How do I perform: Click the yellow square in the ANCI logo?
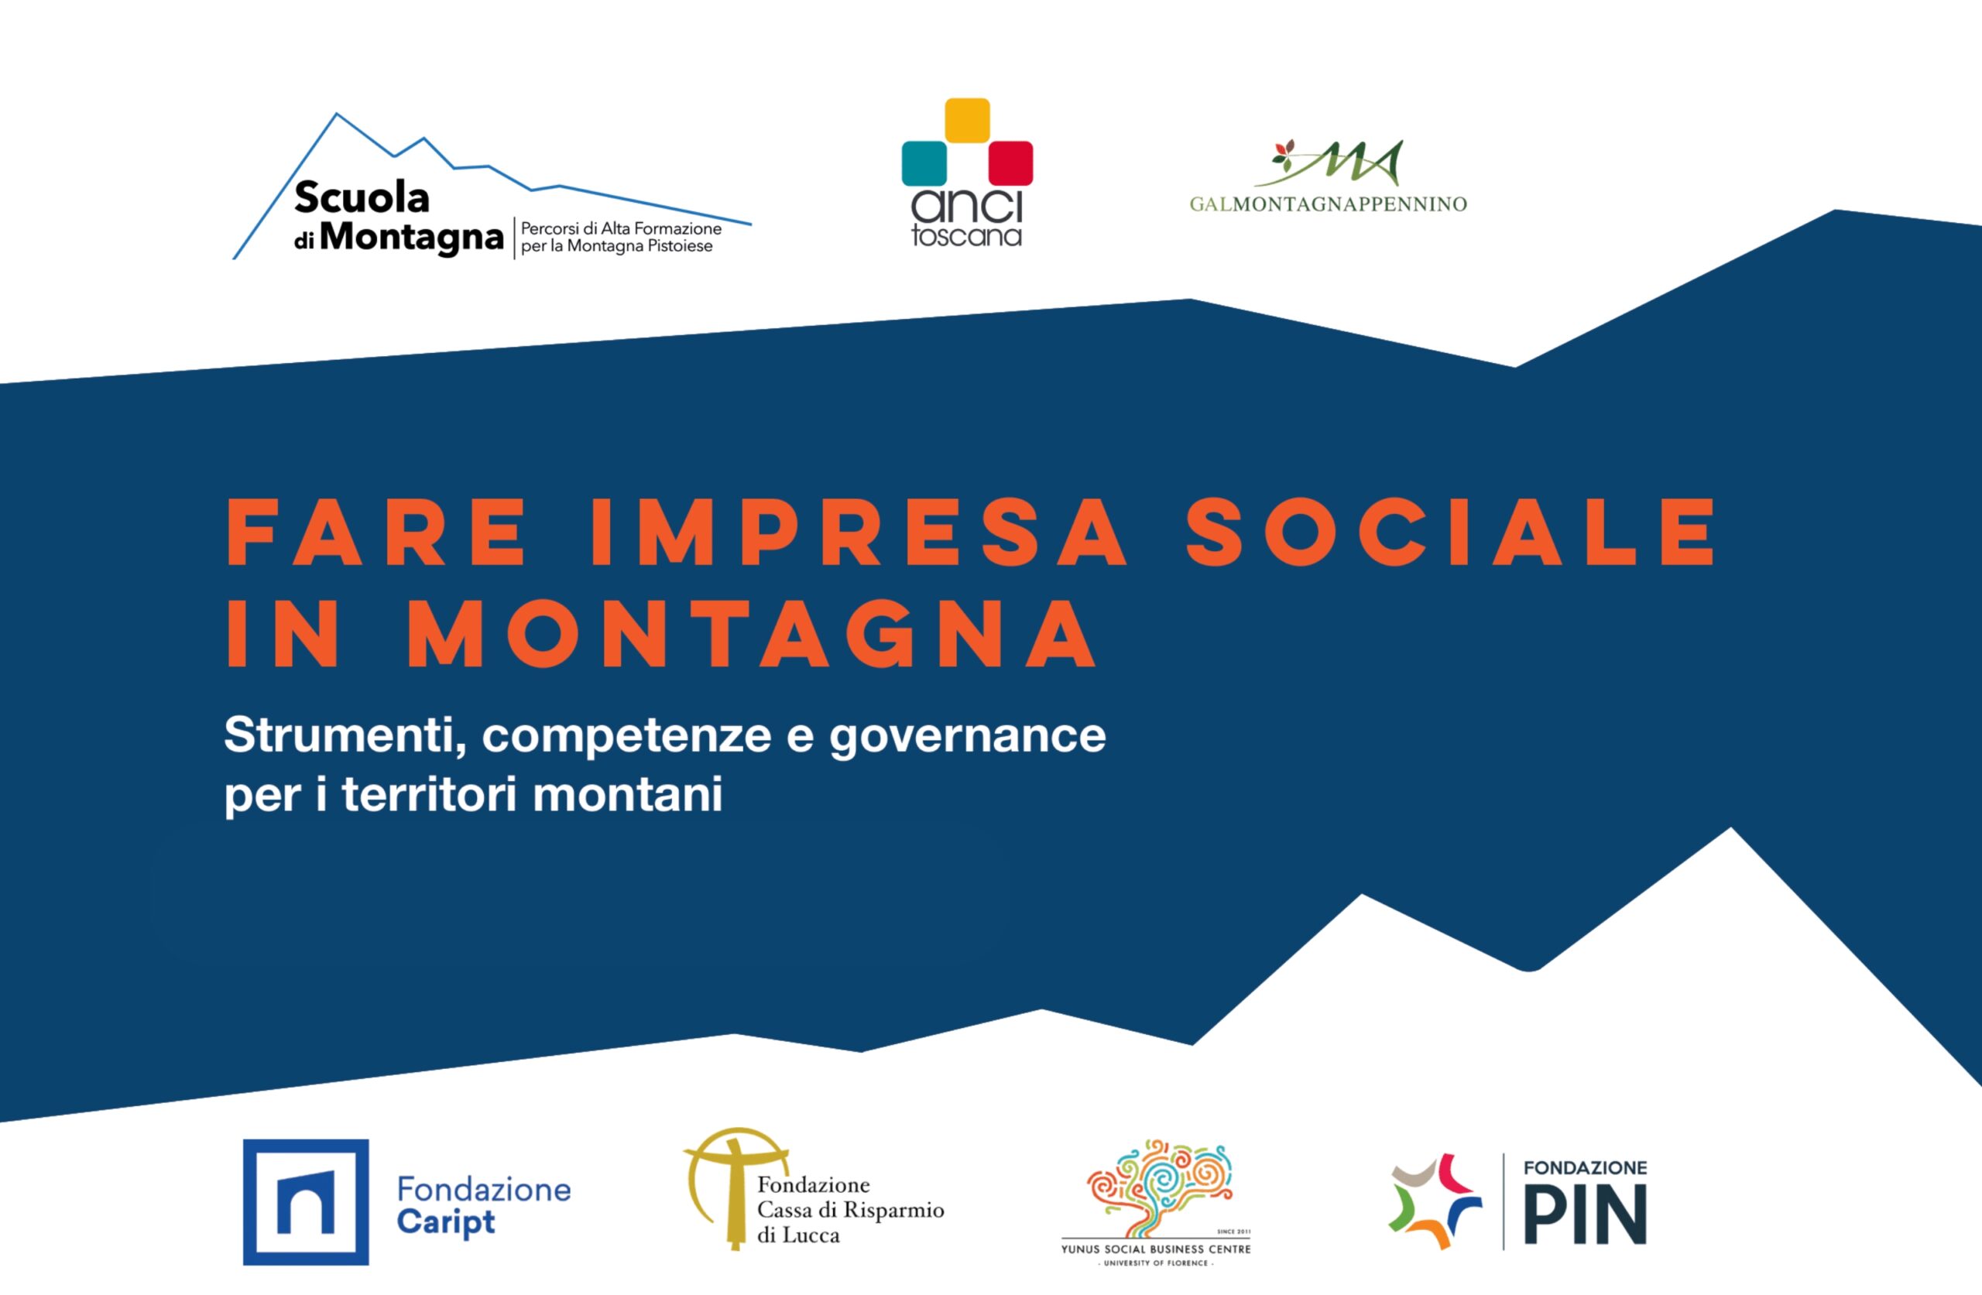(967, 120)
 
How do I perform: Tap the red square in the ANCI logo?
(1010, 163)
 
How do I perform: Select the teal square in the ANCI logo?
(924, 163)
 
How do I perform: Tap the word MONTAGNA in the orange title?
(752, 634)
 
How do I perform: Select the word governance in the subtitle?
(968, 737)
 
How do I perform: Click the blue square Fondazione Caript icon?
(306, 1202)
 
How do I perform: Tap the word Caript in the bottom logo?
(445, 1222)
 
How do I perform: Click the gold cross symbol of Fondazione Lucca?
(733, 1188)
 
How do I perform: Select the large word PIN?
(1585, 1214)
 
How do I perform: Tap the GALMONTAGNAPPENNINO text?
(1329, 204)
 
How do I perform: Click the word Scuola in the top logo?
(362, 197)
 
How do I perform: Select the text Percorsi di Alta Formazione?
(621, 228)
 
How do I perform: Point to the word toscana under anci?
(967, 235)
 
